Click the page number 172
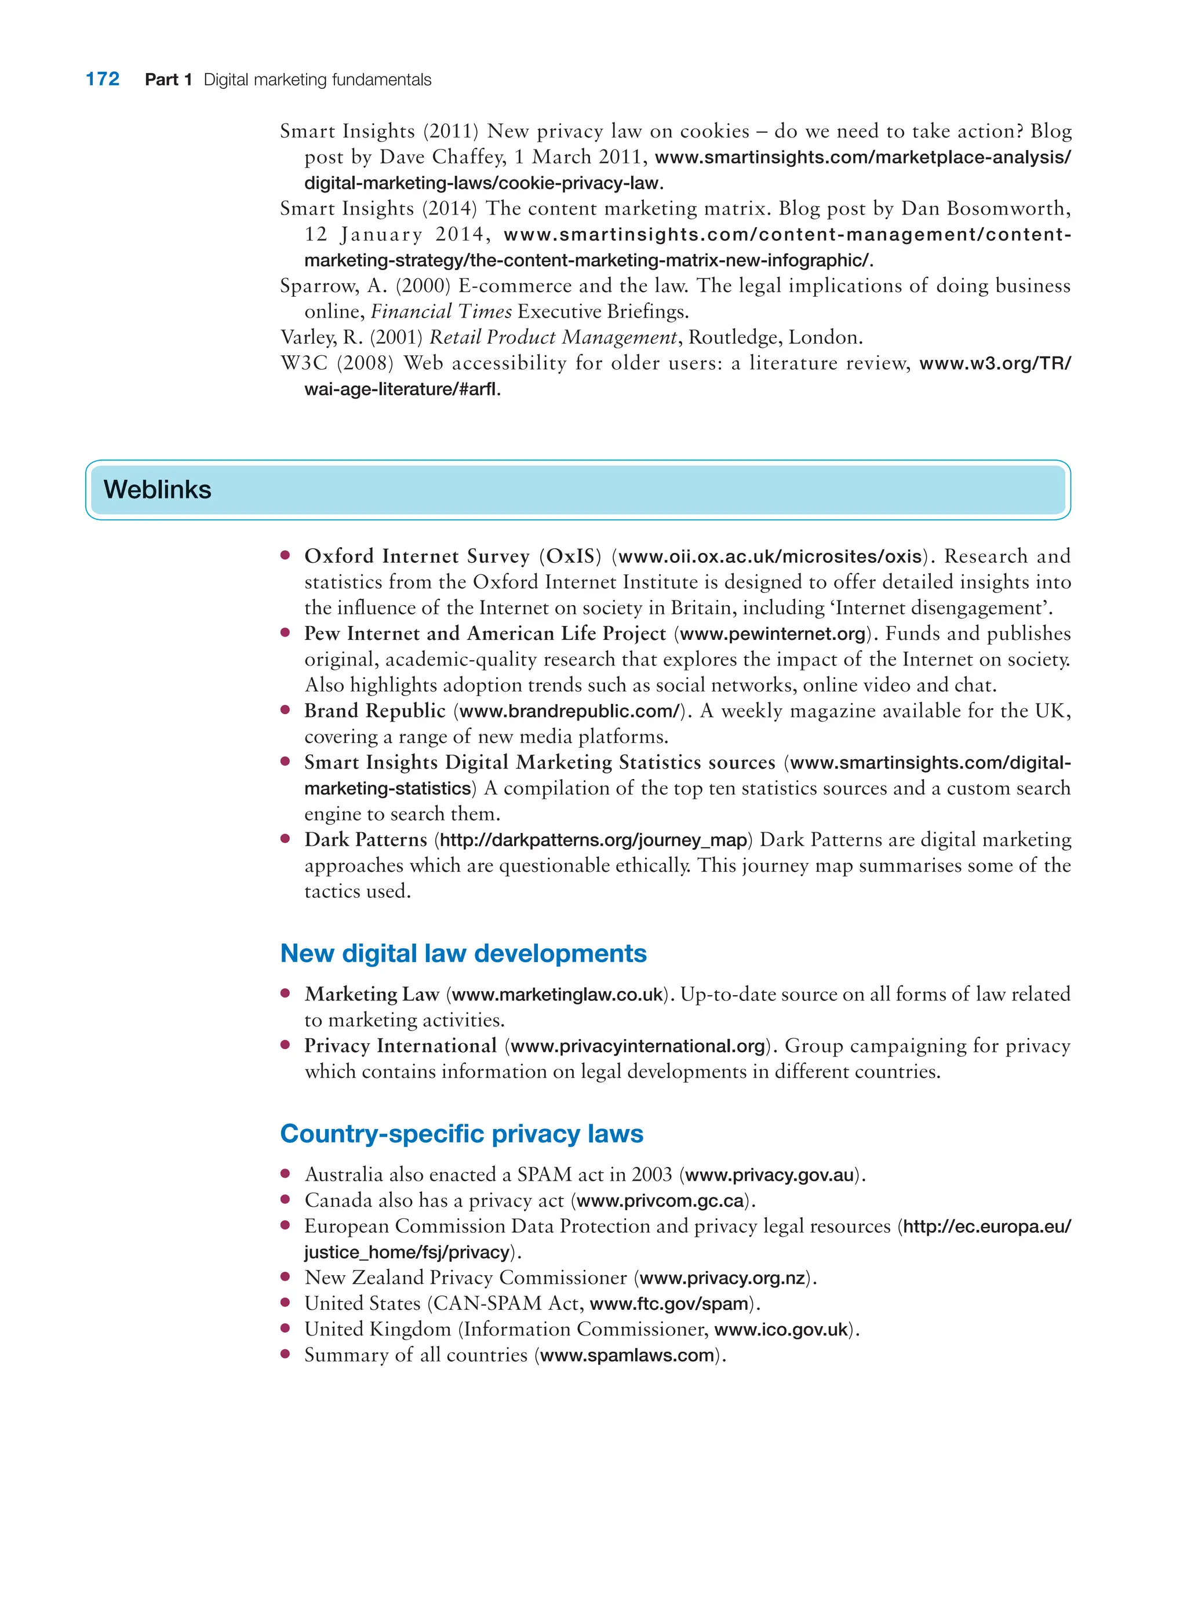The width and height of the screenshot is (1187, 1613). pyautogui.click(x=102, y=79)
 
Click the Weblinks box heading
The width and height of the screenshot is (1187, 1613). pyautogui.click(x=157, y=489)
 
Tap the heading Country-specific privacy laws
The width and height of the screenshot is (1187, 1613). pyautogui.click(x=461, y=1133)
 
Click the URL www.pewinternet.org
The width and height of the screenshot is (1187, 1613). pyautogui.click(x=773, y=633)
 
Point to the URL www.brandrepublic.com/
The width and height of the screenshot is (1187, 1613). pyautogui.click(x=569, y=711)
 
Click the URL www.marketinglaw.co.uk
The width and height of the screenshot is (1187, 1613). pyautogui.click(x=557, y=995)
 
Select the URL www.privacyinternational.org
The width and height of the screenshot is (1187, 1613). pyautogui.click(x=638, y=1046)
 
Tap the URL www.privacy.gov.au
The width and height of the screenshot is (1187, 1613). pyautogui.click(x=770, y=1175)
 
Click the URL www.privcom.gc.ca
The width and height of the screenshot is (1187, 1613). pyautogui.click(x=660, y=1200)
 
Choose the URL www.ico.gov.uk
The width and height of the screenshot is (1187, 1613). pyautogui.click(x=781, y=1329)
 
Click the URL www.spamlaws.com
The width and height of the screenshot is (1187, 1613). pyautogui.click(x=627, y=1355)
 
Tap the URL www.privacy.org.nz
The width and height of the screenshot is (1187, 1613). pyautogui.click(x=722, y=1278)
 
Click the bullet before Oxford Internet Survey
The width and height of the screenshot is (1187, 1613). pyautogui.click(x=285, y=555)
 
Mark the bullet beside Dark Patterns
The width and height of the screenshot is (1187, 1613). pyautogui.click(x=285, y=839)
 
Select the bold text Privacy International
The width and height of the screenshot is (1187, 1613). pyautogui.click(x=400, y=1046)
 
